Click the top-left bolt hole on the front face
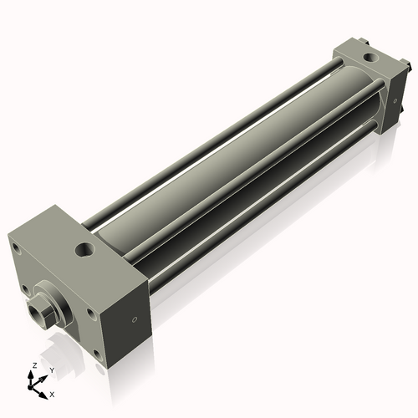(x=15, y=248)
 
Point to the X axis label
(x=52, y=393)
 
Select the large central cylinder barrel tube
(x=234, y=167)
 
